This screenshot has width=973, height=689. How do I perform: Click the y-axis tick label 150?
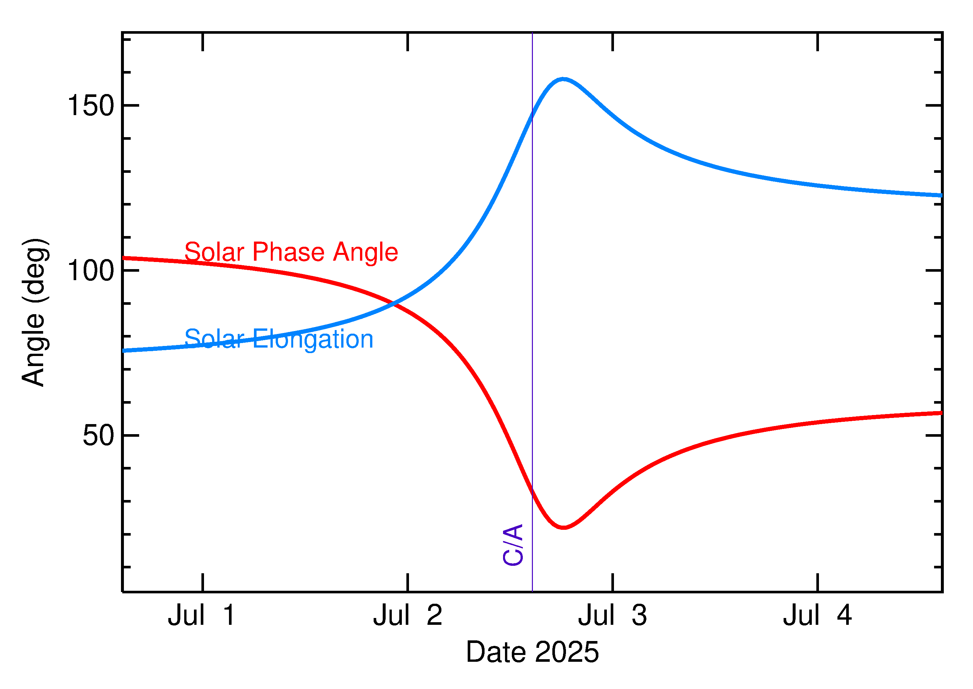tap(91, 105)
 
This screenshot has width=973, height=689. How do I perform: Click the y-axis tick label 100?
tap(91, 271)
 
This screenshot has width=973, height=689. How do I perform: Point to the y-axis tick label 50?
tap(99, 435)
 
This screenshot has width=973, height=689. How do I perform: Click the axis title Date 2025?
tap(532, 652)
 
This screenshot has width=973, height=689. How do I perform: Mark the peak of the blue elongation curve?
tap(563, 79)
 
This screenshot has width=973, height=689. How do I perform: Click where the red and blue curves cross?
tap(394, 304)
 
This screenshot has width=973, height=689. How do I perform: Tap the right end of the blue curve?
tap(941, 196)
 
